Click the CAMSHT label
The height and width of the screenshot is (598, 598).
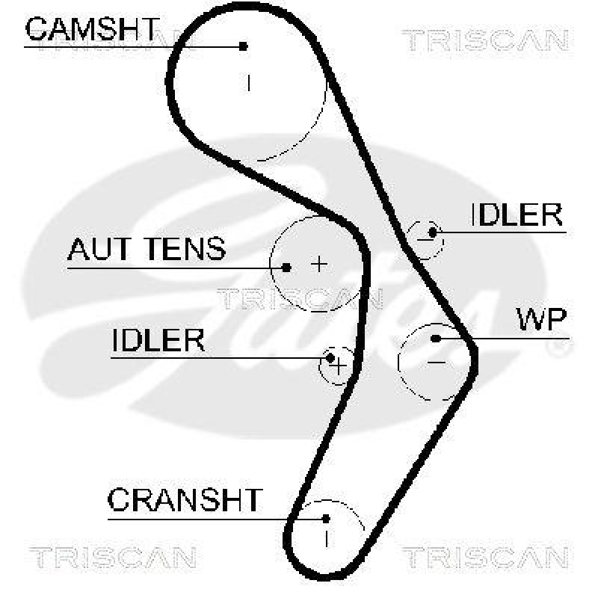point(91,30)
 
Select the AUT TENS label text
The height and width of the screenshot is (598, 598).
point(147,249)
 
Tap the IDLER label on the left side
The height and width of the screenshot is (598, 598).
point(158,341)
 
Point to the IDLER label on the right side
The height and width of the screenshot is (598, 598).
point(516,215)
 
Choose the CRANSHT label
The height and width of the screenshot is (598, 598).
point(185,499)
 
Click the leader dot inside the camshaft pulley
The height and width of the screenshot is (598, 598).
point(243,46)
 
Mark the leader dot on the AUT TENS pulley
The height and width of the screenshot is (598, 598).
point(286,267)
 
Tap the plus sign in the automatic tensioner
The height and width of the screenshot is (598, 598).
point(319,263)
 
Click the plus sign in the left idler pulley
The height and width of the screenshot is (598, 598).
point(339,366)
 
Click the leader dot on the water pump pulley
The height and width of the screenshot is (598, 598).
point(436,339)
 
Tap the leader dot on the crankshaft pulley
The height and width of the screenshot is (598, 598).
point(326,517)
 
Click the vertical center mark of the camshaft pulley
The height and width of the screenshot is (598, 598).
point(249,81)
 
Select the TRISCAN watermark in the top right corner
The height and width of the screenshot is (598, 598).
point(485,40)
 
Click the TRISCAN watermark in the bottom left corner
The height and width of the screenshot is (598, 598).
point(113,557)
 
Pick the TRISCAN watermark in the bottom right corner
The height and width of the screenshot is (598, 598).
point(485,557)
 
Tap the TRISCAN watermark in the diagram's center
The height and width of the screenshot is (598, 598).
point(299,298)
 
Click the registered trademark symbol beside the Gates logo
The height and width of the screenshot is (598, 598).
point(556,348)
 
